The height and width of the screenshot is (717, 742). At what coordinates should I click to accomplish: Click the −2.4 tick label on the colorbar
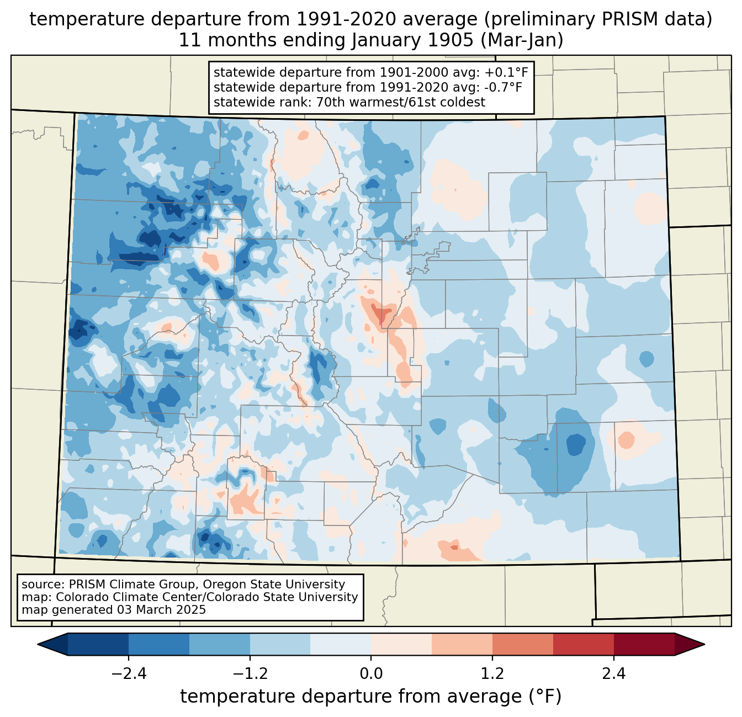pos(128,674)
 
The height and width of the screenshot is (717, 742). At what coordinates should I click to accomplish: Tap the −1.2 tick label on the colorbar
pos(250,674)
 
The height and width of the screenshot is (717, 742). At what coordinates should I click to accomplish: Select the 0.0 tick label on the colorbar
pos(371,674)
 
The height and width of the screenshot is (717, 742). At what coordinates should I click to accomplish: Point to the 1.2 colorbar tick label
pos(492,674)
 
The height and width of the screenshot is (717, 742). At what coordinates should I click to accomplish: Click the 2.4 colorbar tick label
pos(614,674)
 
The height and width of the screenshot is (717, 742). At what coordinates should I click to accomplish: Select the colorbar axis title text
pos(371,697)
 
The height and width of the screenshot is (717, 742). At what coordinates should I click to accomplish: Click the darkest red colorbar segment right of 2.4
pos(644,644)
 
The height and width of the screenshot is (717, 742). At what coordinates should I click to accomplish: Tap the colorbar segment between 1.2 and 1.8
pos(522,644)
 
